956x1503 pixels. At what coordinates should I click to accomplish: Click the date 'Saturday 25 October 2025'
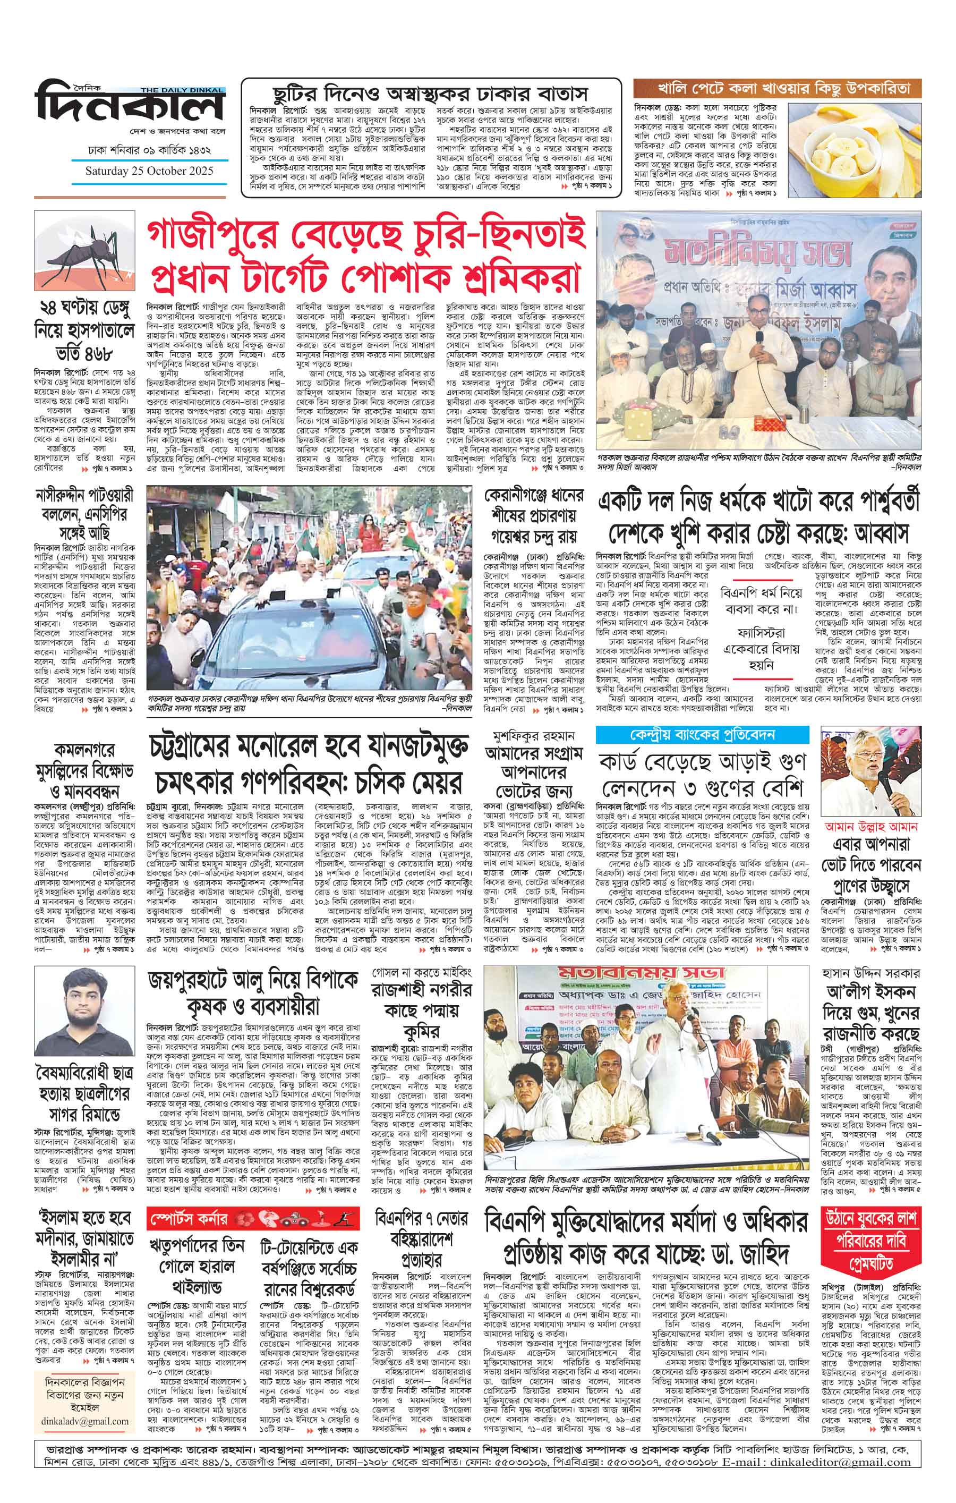click(149, 171)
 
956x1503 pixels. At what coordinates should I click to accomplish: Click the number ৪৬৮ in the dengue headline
click(97, 353)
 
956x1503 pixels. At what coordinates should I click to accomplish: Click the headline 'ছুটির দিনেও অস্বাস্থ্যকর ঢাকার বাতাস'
click(431, 94)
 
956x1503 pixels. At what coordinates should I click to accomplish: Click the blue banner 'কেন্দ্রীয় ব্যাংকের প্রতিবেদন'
click(702, 735)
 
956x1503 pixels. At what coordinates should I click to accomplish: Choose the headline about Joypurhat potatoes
click(252, 995)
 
